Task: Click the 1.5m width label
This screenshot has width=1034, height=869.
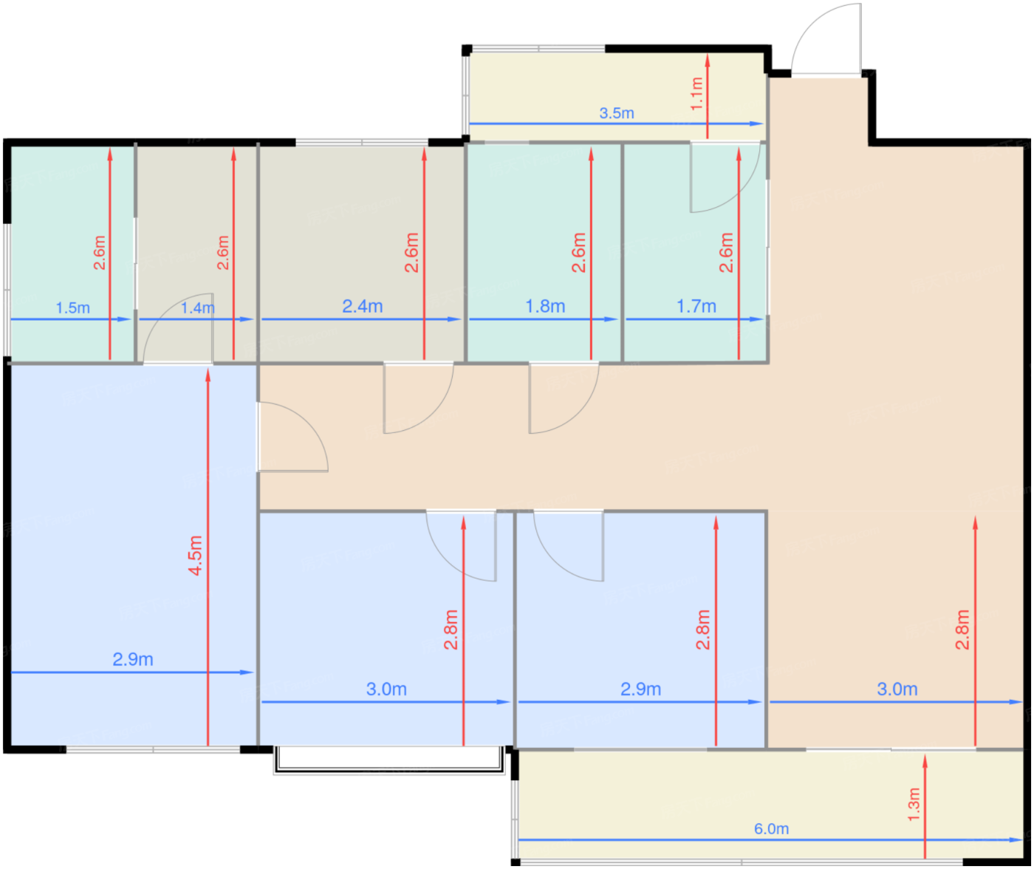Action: pos(73,307)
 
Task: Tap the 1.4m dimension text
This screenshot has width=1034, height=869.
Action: pos(198,307)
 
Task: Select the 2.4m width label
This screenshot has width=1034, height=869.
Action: pos(363,306)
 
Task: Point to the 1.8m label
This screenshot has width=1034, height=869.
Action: pos(545,306)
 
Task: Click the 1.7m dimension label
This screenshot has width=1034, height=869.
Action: pos(696,306)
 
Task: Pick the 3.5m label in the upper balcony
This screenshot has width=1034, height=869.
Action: pos(617,113)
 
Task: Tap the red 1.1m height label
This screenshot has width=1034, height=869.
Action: pos(696,94)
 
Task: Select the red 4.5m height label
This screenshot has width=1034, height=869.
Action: pos(195,556)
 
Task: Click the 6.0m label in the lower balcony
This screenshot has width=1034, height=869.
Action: pos(771,828)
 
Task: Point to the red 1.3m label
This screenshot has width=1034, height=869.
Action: pos(914,805)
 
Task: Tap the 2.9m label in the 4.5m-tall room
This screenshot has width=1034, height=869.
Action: pos(133,659)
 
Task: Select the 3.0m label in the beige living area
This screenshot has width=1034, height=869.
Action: pos(897,689)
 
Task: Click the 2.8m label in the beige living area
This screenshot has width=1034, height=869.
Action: pos(962,629)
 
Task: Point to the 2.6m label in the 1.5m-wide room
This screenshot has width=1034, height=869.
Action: pos(100,253)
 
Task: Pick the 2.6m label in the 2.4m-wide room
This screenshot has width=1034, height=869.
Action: pos(411,253)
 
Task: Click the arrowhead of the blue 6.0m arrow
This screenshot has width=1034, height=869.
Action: pos(1016,839)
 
